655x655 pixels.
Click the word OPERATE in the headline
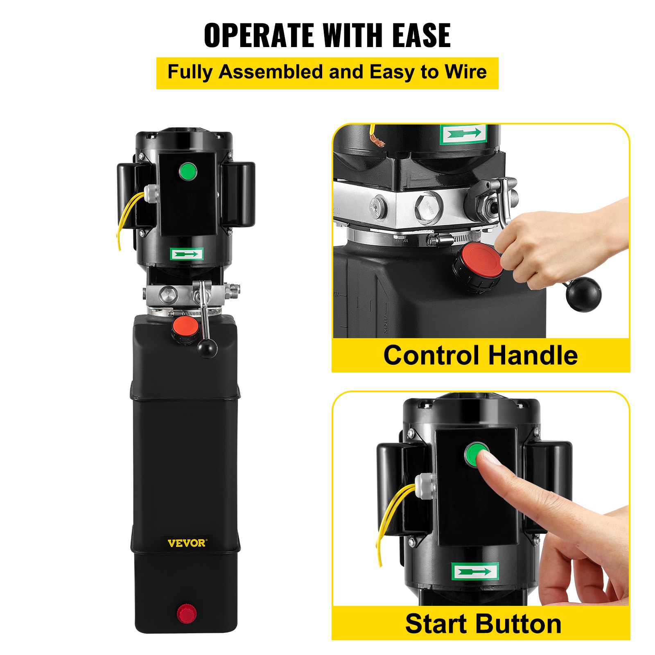[x=260, y=35]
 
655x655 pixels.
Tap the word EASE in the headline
[x=421, y=35]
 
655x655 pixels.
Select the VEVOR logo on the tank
[x=187, y=543]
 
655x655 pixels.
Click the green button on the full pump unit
[x=188, y=171]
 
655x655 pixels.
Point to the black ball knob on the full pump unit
[x=207, y=348]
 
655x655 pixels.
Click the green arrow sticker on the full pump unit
[x=187, y=255]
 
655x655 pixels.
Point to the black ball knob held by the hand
[x=584, y=294]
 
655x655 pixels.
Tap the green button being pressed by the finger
[x=476, y=454]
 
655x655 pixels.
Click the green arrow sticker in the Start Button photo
[x=475, y=571]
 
